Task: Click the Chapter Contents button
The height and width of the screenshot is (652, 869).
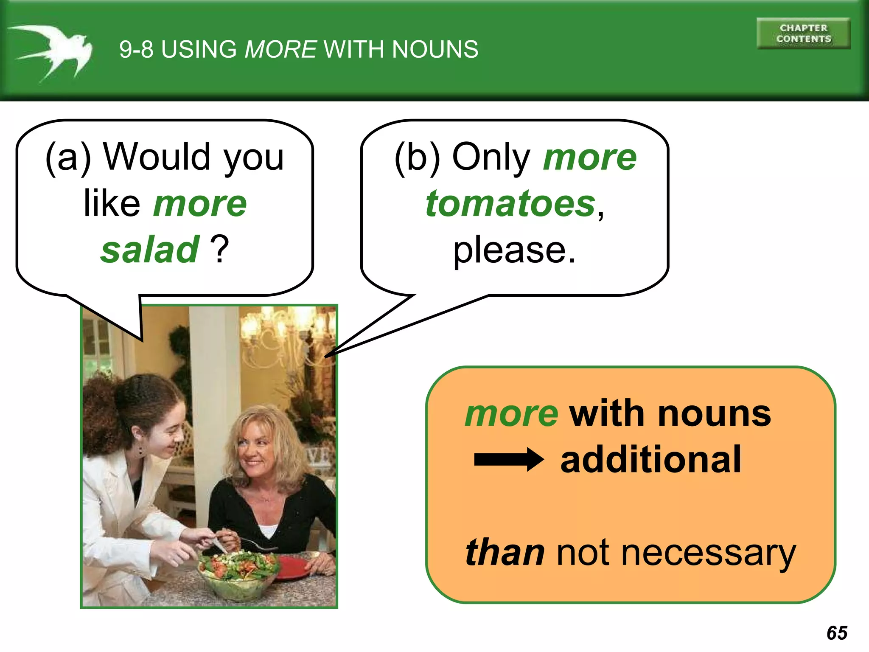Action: pos(803,34)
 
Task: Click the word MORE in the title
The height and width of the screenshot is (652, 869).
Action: pos(281,49)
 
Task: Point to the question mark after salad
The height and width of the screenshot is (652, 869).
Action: pos(219,250)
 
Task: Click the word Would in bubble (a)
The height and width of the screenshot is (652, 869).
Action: pos(157,157)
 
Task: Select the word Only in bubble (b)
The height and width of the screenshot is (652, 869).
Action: pos(491,157)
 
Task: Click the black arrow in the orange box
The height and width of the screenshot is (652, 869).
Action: pos(509,459)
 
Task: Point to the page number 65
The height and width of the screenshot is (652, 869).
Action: pos(837,633)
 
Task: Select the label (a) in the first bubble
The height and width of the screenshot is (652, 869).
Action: pos(68,157)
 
